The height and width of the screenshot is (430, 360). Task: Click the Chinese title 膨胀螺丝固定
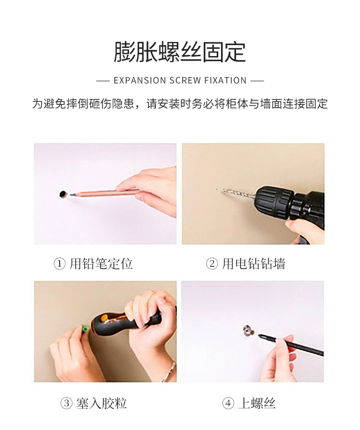180,52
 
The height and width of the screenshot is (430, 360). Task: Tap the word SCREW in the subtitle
185,81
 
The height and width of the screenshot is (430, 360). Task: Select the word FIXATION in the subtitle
226,81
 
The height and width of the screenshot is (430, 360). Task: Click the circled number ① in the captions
59,264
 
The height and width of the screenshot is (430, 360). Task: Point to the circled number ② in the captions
212,264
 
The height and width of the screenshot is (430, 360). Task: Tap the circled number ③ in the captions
67,404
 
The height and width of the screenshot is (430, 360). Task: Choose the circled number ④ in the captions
228,404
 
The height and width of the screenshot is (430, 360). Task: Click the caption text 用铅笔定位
101,264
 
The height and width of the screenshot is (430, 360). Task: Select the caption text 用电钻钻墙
253,264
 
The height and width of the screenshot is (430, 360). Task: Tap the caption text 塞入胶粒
101,404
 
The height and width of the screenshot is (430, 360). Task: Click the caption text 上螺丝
257,404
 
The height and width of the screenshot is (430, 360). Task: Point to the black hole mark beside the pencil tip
63,194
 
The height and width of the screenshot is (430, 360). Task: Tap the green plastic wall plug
85,328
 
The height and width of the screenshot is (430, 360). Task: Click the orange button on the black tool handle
104,318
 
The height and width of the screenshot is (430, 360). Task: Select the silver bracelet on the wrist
170,372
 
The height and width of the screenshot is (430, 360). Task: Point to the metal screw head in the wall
248,331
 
